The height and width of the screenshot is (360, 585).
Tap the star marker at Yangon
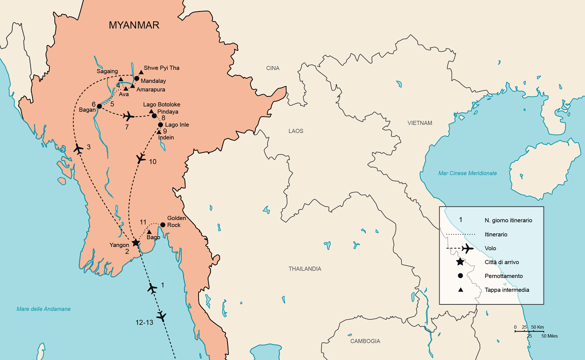click(135, 242)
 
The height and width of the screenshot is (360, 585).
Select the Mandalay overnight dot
click(136, 78)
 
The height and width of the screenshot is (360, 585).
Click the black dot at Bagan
click(99, 106)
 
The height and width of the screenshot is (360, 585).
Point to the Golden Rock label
click(176, 221)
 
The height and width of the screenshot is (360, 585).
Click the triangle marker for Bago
click(149, 231)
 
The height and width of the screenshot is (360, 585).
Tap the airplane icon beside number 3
click(78, 148)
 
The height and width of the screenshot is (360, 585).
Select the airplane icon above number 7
click(128, 116)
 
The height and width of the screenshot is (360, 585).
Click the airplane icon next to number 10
click(140, 158)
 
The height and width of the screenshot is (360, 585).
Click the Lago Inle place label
click(177, 124)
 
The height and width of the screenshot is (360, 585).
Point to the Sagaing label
click(107, 72)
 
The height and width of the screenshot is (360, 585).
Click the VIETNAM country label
click(419, 122)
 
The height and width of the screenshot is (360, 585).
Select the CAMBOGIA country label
click(365, 341)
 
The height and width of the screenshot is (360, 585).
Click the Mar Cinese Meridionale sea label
click(467, 173)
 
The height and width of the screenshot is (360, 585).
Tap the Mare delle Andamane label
click(43, 309)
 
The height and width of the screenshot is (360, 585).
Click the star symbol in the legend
click(460, 261)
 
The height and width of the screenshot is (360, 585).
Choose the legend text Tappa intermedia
click(506, 290)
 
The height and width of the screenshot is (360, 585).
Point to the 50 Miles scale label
click(549, 336)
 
